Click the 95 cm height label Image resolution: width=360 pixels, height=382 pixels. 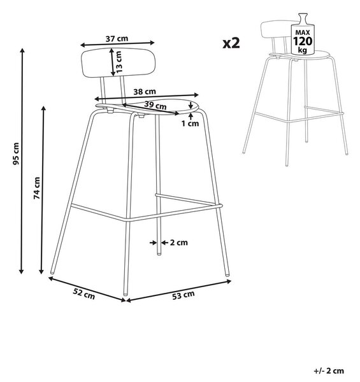(16, 153)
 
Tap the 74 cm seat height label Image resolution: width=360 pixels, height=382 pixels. (37, 188)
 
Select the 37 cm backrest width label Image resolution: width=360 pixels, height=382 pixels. (117, 38)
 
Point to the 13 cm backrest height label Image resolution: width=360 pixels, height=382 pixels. (119, 62)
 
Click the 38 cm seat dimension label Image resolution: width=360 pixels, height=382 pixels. (145, 92)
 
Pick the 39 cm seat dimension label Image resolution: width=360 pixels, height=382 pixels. (155, 105)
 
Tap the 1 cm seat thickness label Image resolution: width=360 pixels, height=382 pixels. (190, 124)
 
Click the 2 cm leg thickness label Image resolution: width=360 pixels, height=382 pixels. (178, 243)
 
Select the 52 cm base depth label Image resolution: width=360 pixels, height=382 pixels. (84, 294)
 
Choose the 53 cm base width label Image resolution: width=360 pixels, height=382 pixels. (184, 295)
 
